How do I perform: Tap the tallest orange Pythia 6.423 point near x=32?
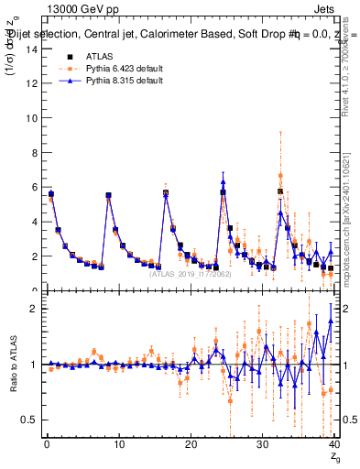pyautogui.click(x=281, y=175)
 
